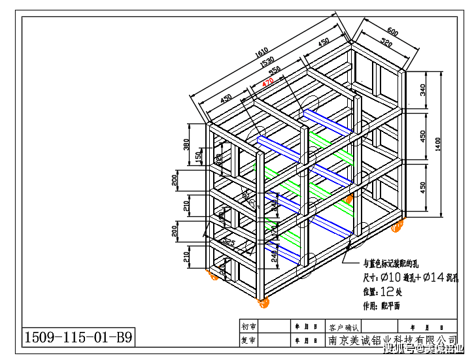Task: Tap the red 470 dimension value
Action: click(267, 83)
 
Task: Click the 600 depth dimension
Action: click(392, 32)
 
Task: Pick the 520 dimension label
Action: click(386, 44)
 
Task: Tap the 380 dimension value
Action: click(187, 145)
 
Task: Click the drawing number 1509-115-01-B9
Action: click(79, 337)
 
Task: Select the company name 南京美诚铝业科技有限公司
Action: click(392, 340)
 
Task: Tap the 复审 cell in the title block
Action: click(249, 340)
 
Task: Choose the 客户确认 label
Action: click(345, 326)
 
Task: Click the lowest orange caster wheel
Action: click(263, 303)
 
